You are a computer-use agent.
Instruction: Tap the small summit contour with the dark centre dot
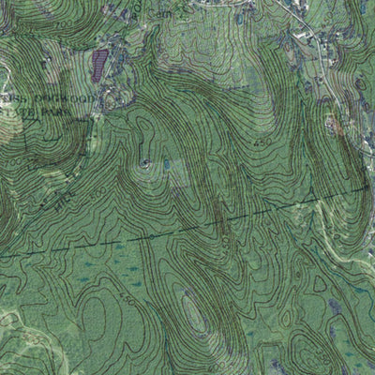click(x=143, y=164)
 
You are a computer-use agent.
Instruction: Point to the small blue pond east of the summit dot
click(x=166, y=165)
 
